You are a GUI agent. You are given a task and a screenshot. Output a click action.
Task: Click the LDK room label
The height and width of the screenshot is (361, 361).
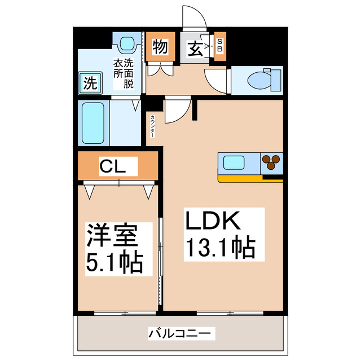pos(213,221)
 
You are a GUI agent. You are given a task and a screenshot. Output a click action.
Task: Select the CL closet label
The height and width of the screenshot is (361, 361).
pos(113,166)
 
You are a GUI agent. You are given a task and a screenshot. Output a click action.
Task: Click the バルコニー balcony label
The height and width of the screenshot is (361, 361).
pos(179,333)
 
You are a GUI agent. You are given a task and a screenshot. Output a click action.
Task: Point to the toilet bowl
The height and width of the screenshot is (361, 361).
pos(259,80)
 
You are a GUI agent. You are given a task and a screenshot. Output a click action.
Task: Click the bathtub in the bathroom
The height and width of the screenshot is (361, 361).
pos(93,123)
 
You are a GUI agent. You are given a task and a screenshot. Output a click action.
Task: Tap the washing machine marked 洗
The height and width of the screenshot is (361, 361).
pos(90,83)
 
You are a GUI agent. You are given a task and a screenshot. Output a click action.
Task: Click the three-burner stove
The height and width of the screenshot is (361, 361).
pos(271,162)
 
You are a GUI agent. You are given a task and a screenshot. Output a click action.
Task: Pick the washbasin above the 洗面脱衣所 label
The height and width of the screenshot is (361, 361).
pos(127,43)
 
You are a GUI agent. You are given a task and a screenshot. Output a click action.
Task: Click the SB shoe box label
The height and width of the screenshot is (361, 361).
pos(220,45)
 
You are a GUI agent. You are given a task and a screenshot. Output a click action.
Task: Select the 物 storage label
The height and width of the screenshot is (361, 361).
pos(160,46)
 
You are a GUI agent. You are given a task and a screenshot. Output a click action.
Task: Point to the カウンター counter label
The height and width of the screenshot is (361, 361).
pos(152,126)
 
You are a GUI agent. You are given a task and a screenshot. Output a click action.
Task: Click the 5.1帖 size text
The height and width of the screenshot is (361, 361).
pos(115,263)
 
